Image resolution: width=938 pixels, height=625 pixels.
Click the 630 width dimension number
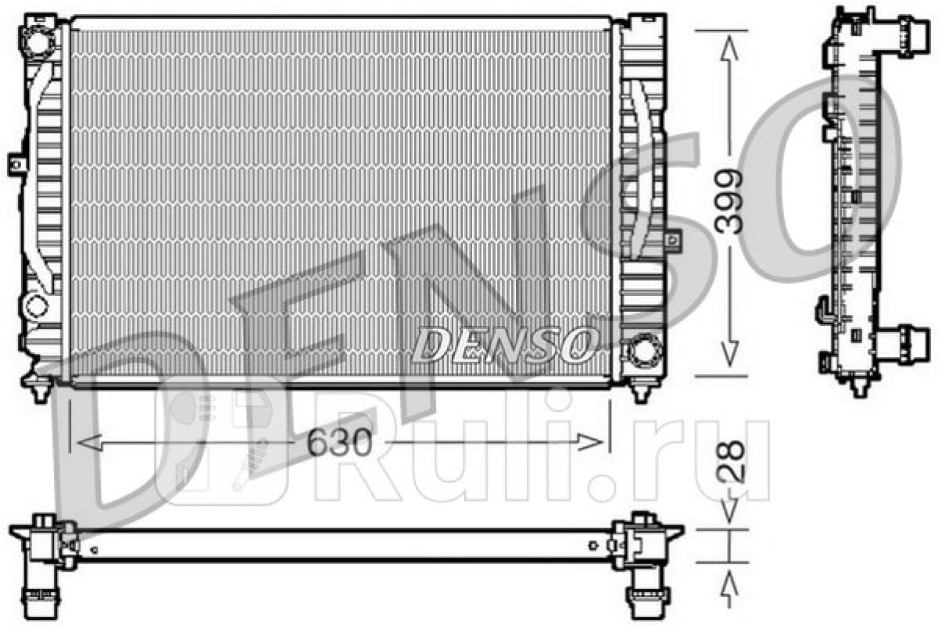tap(339, 443)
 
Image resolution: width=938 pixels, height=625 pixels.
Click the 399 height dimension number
tap(729, 201)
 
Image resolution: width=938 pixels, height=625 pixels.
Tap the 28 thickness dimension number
tap(731, 461)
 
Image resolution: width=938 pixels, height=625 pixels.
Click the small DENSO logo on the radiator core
tap(503, 345)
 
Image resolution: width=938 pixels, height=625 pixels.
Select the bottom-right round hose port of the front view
tap(645, 349)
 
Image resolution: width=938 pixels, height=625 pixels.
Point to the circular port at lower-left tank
tap(37, 305)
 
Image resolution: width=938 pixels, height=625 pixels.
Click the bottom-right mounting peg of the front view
tap(641, 391)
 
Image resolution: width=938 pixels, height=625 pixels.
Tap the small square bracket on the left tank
tap(17, 165)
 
